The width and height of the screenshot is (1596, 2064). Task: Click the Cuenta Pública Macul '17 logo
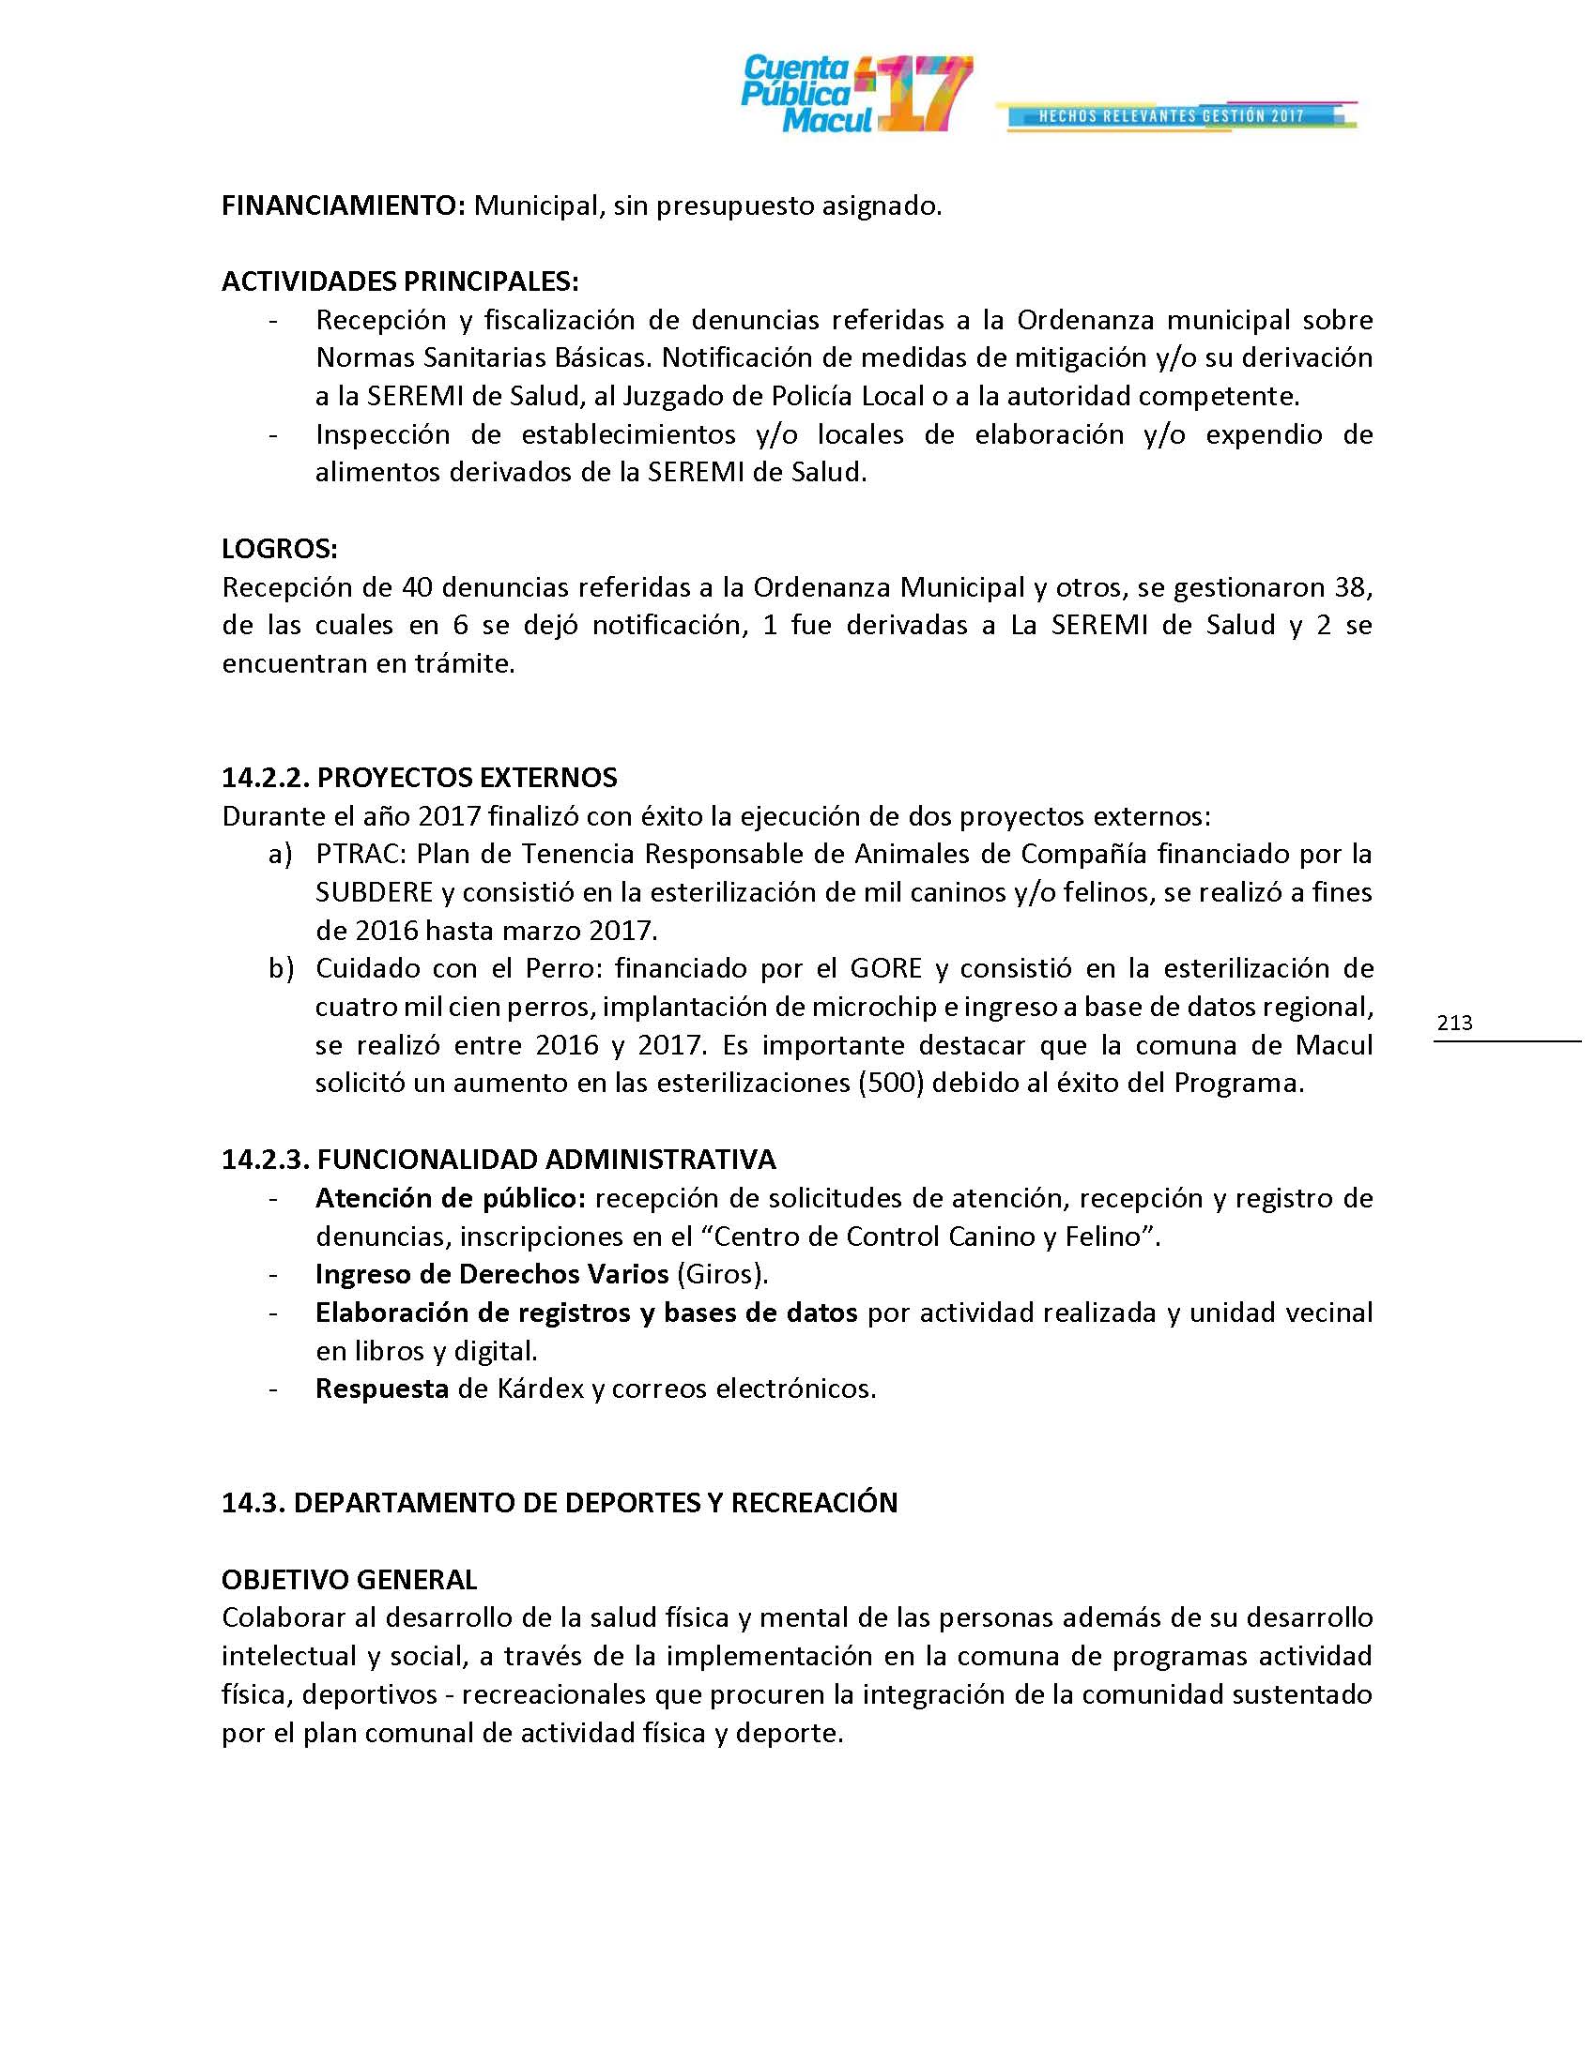click(855, 94)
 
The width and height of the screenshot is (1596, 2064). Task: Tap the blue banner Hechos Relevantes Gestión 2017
click(1173, 116)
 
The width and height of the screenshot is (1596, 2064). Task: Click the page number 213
click(1454, 1023)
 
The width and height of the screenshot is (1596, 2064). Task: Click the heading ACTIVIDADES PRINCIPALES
click(400, 281)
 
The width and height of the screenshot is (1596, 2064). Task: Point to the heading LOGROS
click(279, 549)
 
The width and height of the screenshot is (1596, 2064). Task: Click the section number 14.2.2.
click(265, 778)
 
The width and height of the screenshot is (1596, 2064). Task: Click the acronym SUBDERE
click(375, 892)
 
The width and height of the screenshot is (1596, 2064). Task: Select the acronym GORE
click(884, 969)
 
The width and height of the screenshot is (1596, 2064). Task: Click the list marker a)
click(280, 855)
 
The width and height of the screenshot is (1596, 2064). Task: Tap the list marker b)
click(280, 969)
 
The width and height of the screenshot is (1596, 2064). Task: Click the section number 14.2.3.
click(265, 1159)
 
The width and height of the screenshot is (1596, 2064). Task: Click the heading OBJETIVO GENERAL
click(349, 1579)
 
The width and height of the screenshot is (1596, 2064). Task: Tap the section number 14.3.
click(253, 1503)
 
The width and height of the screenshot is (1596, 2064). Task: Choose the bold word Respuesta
click(382, 1389)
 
